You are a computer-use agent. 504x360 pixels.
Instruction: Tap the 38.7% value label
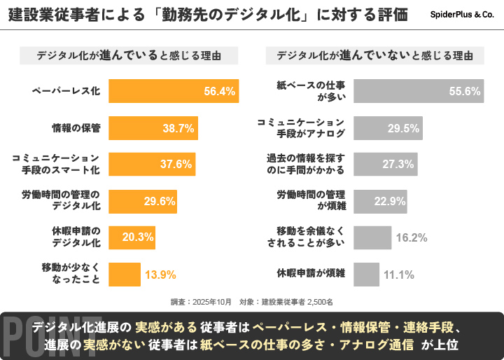point(178,128)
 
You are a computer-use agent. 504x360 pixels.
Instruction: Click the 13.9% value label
point(160,274)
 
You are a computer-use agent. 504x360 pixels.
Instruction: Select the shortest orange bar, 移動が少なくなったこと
point(125,274)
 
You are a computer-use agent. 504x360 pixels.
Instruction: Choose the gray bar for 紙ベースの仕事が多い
point(419,91)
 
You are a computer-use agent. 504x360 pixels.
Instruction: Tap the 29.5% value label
point(403,128)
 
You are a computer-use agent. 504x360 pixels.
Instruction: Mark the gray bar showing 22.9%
point(380,200)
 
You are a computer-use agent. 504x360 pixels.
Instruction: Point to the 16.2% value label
point(412,237)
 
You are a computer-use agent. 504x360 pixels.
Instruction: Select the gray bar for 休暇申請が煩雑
point(366,274)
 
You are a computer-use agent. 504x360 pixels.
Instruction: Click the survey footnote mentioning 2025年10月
point(252,301)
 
